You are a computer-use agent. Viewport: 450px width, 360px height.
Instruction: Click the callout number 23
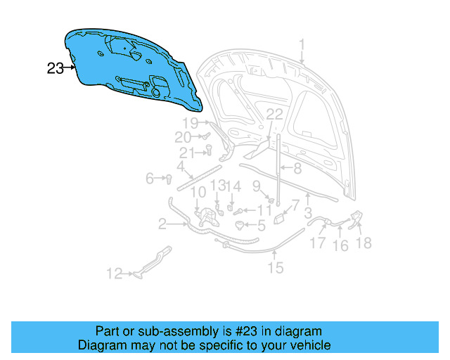tap(55, 68)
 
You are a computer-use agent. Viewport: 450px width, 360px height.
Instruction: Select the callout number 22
tap(274, 114)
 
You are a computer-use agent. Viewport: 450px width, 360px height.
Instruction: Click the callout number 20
tap(182, 137)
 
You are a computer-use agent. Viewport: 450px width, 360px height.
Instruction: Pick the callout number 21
tap(186, 153)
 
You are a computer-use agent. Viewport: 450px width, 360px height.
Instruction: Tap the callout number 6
tap(150, 179)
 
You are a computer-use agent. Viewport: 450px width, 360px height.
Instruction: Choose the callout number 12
tap(115, 274)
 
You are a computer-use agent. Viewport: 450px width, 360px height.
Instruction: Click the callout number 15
tap(275, 267)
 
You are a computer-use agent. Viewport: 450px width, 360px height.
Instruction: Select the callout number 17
tap(319, 244)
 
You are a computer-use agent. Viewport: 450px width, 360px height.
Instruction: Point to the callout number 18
tap(364, 243)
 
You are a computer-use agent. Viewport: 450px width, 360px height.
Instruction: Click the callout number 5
tap(261, 226)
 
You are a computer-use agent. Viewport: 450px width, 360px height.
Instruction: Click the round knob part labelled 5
tap(243, 225)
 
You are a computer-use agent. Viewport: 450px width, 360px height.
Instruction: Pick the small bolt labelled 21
tap(208, 148)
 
